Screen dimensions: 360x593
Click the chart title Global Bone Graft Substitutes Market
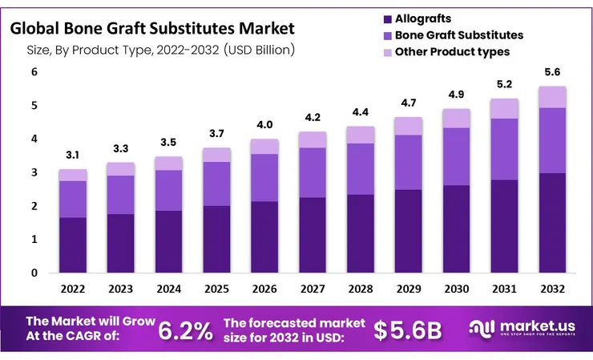(153, 29)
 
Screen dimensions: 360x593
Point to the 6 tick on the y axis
(34, 72)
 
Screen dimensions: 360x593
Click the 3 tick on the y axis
(34, 172)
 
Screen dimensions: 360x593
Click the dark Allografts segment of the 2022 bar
(73, 245)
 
